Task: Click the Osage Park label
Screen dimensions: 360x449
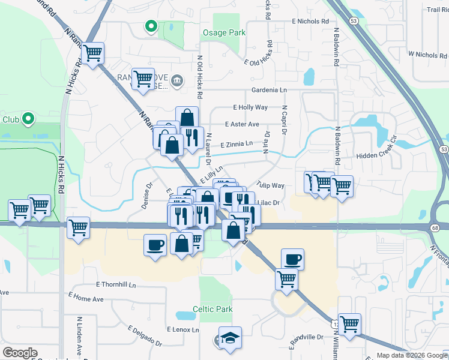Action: click(x=223, y=32)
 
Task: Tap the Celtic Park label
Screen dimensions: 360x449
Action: click(x=212, y=310)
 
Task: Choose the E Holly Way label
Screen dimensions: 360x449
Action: click(x=250, y=107)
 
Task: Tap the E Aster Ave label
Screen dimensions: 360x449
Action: click(x=242, y=124)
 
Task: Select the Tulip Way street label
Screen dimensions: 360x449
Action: click(x=270, y=185)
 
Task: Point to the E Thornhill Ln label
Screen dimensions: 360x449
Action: click(x=120, y=284)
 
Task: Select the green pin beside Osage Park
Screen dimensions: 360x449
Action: click(x=151, y=26)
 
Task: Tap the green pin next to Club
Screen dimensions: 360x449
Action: click(x=27, y=119)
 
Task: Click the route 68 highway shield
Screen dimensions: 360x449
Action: click(x=435, y=228)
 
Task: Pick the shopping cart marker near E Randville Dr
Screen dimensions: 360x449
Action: click(x=349, y=323)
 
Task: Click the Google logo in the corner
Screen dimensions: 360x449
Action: click(x=20, y=353)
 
